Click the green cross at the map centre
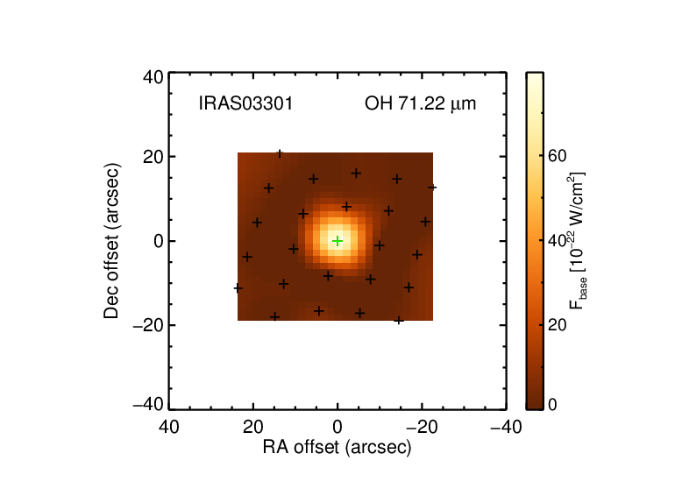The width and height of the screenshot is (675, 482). (x=337, y=241)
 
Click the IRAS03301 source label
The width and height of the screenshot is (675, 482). (x=245, y=103)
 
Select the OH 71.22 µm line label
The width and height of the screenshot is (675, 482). (x=420, y=103)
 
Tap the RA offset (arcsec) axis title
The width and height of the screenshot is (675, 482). (x=337, y=447)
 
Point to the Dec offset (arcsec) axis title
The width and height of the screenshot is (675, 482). (x=111, y=241)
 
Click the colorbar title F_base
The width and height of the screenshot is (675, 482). (x=578, y=241)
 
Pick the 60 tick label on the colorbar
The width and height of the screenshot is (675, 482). (x=557, y=156)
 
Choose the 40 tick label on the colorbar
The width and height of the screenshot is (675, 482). (x=557, y=241)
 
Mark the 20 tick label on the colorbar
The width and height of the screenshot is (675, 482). (x=557, y=324)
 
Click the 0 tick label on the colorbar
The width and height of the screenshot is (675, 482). (x=552, y=405)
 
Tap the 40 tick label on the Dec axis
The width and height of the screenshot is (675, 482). (x=153, y=77)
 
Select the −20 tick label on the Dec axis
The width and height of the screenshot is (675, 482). (x=148, y=325)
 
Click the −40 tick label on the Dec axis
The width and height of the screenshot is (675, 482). (x=148, y=405)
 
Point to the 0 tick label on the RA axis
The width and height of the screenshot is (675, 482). (x=337, y=427)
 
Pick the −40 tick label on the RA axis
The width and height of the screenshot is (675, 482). (x=507, y=427)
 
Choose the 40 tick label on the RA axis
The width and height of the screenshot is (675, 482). (x=169, y=427)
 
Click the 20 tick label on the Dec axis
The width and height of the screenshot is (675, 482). (x=153, y=157)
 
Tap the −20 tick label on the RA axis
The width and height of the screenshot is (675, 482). (x=422, y=427)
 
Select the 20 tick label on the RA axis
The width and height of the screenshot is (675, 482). (x=253, y=427)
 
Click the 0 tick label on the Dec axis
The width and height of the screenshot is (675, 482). (x=159, y=241)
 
